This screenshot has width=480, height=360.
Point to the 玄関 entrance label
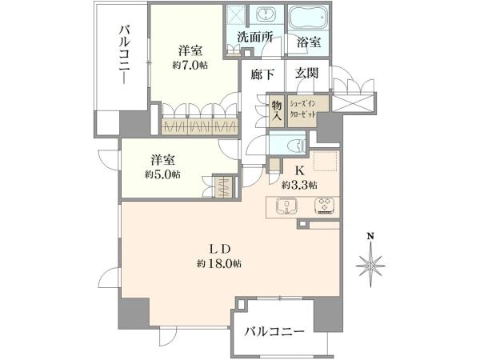[306, 73]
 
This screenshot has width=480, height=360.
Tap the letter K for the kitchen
[300, 170]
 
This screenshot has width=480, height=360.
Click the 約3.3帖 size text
[299, 185]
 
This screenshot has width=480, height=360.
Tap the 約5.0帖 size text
[162, 174]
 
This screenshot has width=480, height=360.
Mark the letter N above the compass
[370, 236]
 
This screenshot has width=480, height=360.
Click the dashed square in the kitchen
[326, 162]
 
